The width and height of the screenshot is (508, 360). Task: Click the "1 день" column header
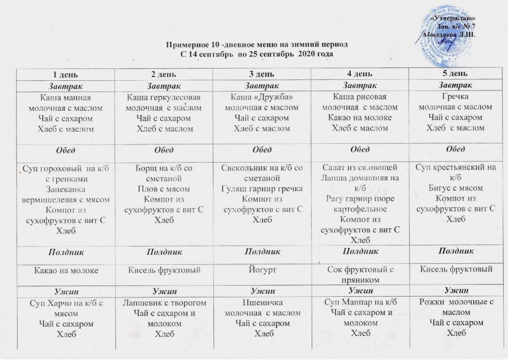pyautogui.click(x=66, y=73)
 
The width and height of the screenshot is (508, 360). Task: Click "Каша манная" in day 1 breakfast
pyautogui.click(x=66, y=98)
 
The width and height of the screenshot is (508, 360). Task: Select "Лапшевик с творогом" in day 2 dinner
pyautogui.click(x=164, y=304)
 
